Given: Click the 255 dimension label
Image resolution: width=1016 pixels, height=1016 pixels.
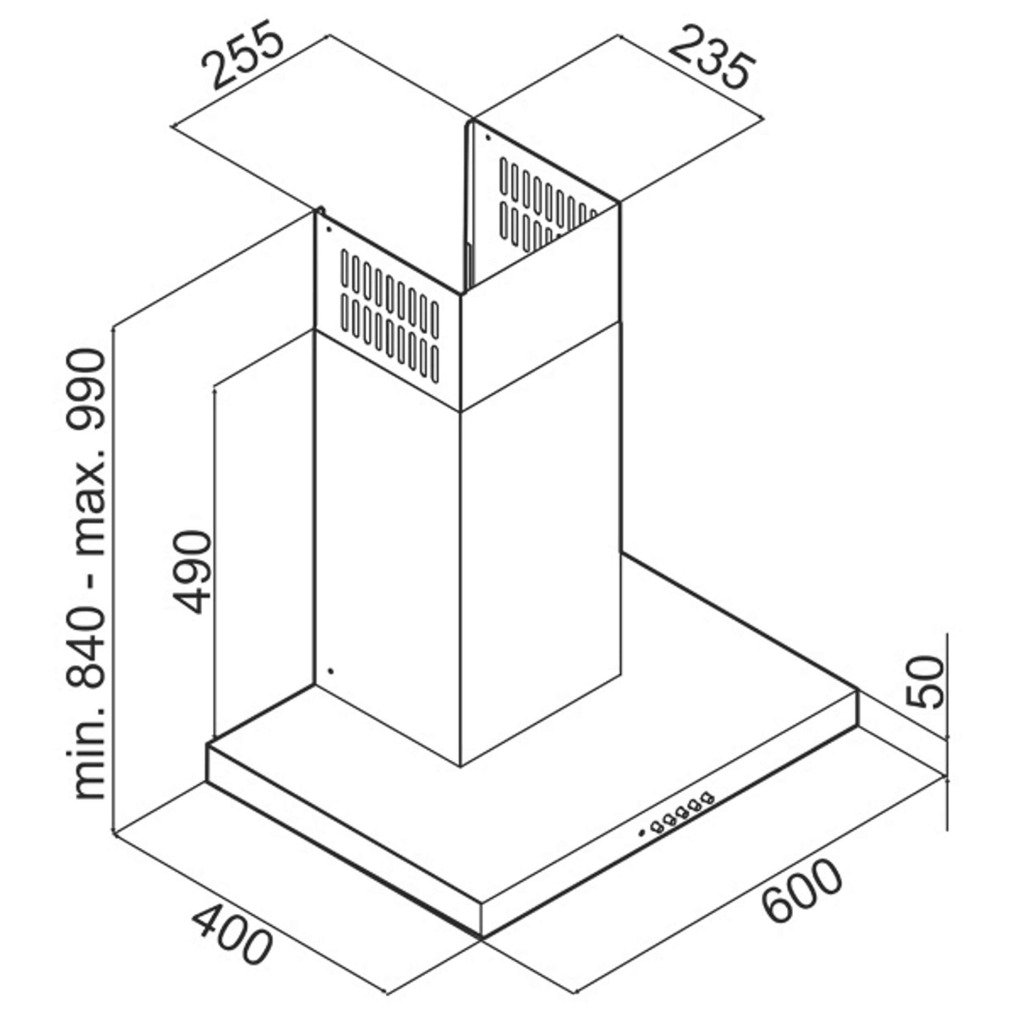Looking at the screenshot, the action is pos(243,55).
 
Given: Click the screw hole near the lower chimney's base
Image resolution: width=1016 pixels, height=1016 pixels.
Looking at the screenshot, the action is pos(330,671).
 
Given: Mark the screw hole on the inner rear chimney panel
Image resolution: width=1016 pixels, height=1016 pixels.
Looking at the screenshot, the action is pos(488,138).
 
